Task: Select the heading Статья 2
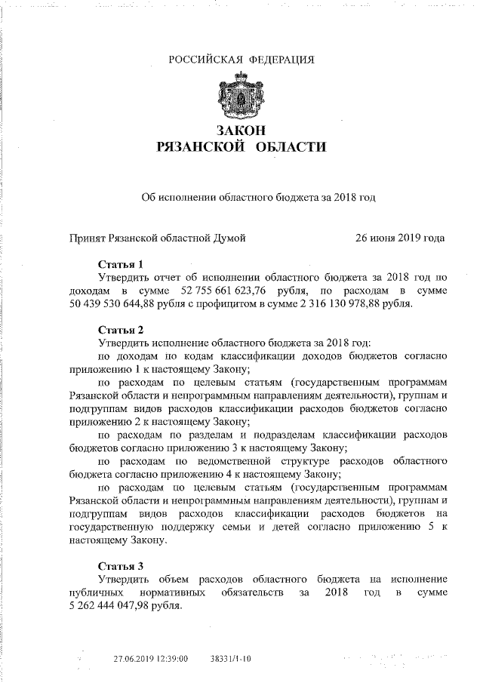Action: pyautogui.click(x=121, y=329)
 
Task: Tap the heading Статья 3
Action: pyautogui.click(x=121, y=565)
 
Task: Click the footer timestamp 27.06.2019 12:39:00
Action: pyautogui.click(x=151, y=659)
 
